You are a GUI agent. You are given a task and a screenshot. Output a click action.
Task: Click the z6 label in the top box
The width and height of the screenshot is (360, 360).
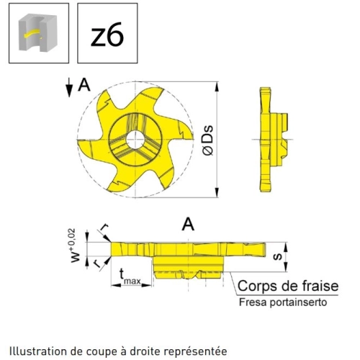pos(107,35)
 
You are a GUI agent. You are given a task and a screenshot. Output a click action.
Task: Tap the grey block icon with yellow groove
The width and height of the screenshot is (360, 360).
pos(38,32)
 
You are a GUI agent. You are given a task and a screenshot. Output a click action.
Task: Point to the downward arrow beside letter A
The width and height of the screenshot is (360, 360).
pos(69,88)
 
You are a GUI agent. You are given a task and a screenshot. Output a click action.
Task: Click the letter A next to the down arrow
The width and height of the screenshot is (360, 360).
pos(84,85)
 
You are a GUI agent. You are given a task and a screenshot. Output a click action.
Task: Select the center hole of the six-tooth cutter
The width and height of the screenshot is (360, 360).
pos(135,140)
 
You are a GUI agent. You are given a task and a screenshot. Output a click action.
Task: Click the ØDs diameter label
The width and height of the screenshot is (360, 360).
pos(208,140)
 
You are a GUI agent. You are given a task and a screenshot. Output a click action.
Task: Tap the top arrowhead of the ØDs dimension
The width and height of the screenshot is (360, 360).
pos(217,86)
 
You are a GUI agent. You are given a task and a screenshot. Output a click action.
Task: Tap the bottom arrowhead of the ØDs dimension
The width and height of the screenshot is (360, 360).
pos(217,192)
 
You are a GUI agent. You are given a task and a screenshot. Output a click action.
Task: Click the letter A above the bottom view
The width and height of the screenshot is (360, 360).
pos(188,225)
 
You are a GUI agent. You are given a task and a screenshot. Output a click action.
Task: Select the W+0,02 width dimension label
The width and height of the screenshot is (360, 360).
pos(76,246)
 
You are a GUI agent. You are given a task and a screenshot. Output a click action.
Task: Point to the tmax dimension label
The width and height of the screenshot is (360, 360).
pos(130,277)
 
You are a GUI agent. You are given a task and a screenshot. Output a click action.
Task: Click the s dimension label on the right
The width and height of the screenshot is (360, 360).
pos(277,256)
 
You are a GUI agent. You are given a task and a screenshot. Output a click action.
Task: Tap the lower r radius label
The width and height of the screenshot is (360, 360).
pos(98,264)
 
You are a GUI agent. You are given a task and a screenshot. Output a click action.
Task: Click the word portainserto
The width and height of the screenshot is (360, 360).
pos(298,302)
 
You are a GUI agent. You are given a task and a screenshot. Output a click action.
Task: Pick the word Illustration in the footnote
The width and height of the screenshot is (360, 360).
pos(38,351)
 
